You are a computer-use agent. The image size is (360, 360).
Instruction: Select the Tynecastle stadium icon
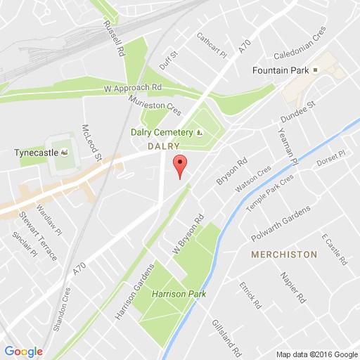click(65, 152)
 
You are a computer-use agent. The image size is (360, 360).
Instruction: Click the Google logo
click(22, 351)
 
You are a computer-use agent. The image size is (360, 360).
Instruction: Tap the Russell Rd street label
click(112, 38)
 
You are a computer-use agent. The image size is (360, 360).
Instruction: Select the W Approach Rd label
click(133, 90)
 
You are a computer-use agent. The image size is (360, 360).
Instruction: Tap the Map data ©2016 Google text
click(316, 353)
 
